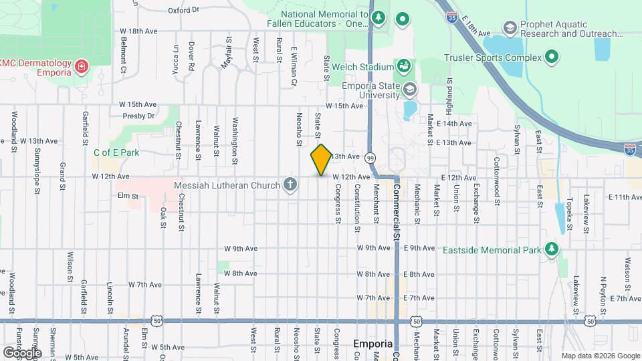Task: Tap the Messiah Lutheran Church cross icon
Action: coord(290,184)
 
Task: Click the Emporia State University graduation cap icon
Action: coord(409,89)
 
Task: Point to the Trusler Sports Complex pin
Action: coord(552,57)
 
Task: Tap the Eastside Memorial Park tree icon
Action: coord(551,249)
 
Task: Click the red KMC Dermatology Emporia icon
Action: coord(81,67)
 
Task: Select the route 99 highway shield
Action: coord(370,157)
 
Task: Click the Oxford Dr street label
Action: coord(183,11)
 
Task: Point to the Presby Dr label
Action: coord(138,116)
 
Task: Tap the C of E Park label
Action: coord(116,152)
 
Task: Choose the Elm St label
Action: coord(127,197)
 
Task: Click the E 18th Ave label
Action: coord(473,29)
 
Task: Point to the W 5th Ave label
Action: coord(167,348)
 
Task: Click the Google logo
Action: coord(21,352)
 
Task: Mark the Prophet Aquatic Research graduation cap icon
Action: coord(510,27)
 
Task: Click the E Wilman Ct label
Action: coord(294,66)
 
